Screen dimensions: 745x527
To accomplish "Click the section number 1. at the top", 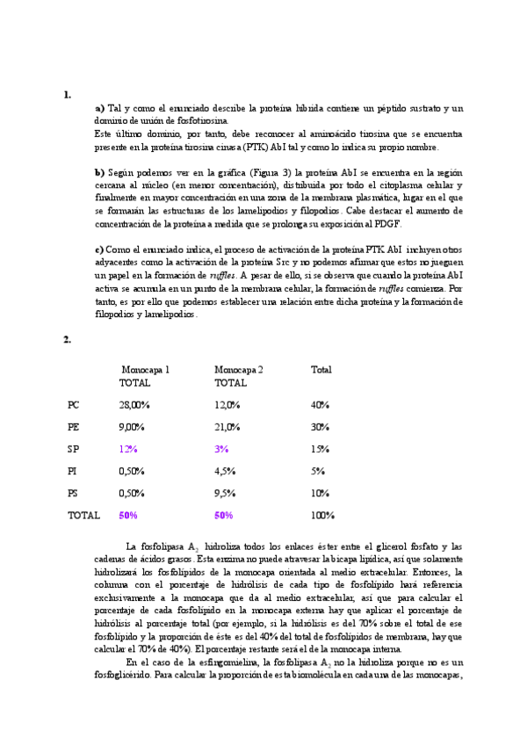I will [67, 94].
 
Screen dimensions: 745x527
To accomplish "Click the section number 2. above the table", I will [67, 339].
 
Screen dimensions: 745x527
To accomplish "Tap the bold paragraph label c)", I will [99, 250].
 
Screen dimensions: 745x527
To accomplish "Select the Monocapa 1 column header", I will [145, 370].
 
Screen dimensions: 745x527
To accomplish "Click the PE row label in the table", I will [74, 427].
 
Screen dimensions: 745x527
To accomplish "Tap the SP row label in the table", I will [73, 449].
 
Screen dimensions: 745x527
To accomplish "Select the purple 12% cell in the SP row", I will [128, 449].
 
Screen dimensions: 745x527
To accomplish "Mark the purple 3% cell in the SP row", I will [221, 449].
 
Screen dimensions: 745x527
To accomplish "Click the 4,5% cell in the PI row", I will [225, 471].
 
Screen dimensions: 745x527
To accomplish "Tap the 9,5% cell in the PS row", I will [225, 493].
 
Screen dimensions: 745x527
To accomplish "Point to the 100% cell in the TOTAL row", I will [323, 515].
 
